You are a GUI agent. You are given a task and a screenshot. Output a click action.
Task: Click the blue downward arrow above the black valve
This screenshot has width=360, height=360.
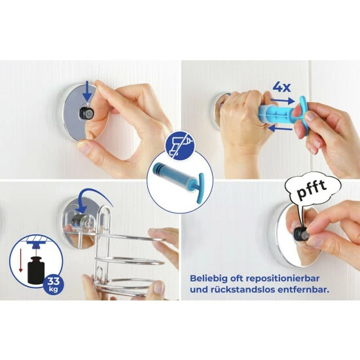(x=87, y=93)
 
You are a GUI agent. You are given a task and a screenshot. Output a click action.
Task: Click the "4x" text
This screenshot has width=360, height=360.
(x=281, y=87)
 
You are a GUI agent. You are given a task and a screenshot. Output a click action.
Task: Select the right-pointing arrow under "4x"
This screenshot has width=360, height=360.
(x=282, y=101)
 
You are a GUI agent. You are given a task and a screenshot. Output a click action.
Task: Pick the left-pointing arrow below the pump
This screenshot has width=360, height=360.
(x=280, y=128)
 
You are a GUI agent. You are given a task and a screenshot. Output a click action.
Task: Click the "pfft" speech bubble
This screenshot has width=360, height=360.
(x=312, y=190)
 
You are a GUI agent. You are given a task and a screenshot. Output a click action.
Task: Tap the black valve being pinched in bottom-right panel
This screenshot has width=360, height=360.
(x=299, y=234)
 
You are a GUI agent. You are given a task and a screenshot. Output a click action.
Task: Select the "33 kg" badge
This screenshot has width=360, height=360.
(x=53, y=284)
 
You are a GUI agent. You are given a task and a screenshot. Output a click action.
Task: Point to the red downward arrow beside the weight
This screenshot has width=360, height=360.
(x=21, y=260)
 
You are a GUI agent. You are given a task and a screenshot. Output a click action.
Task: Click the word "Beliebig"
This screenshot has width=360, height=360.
(x=208, y=279)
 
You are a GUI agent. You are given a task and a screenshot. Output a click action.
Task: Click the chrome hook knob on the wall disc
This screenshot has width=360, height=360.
(x=80, y=221)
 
